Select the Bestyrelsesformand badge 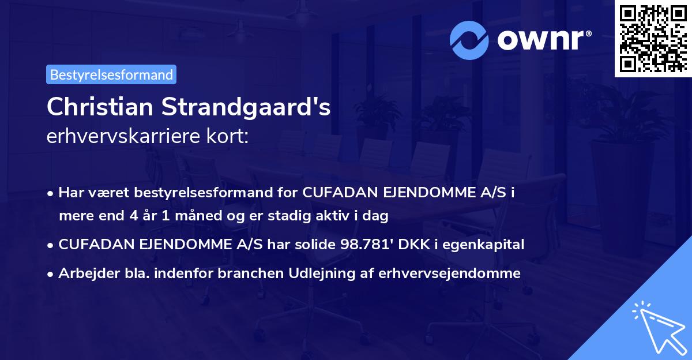tap(111, 74)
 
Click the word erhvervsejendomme tap(450, 273)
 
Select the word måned tap(198, 216)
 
